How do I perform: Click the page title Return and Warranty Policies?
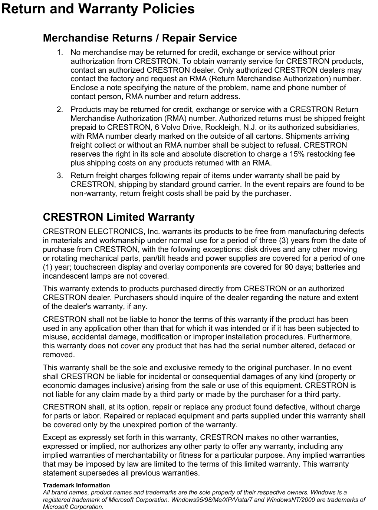(x=98, y=9)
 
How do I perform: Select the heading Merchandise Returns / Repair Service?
(x=140, y=38)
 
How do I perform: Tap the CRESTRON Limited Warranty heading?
(x=119, y=217)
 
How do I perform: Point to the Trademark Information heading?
(x=76, y=485)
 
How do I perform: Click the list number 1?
(x=59, y=53)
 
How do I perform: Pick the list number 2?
(x=59, y=110)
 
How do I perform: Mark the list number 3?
(x=59, y=175)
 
